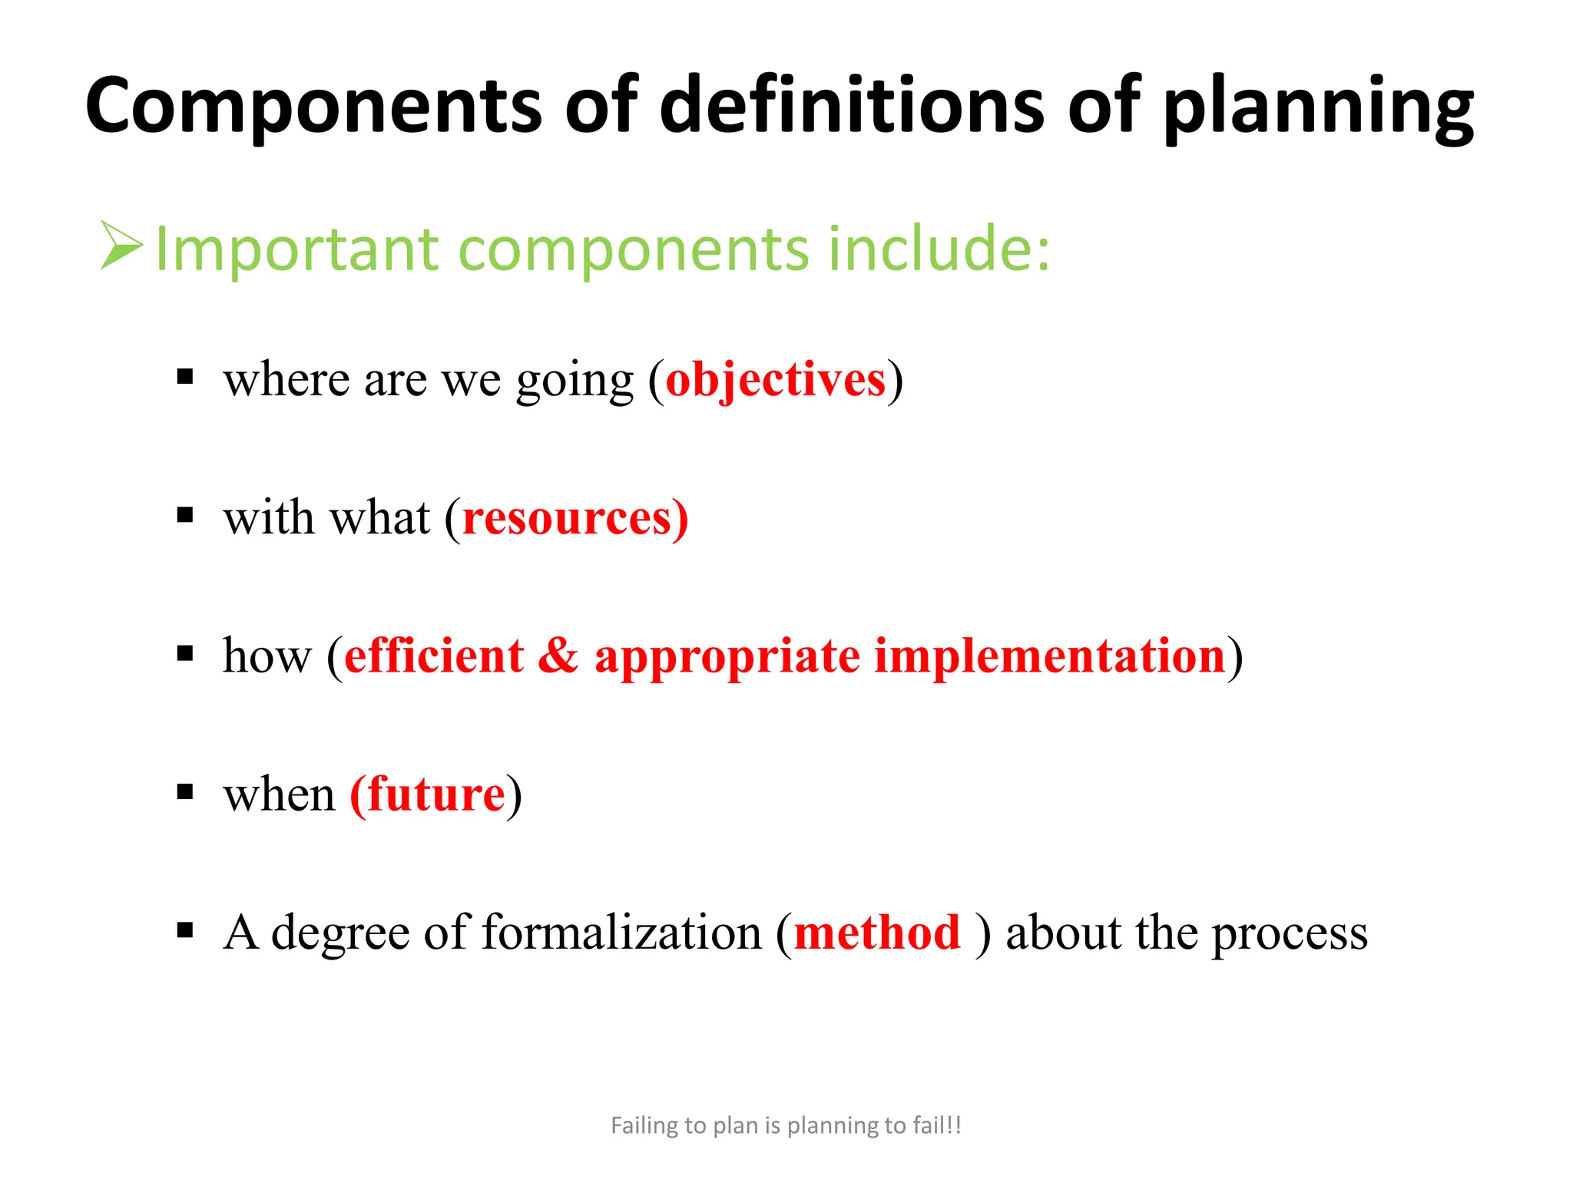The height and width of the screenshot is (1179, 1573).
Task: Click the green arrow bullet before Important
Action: coord(121,246)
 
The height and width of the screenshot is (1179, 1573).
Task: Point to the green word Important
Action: coord(296,249)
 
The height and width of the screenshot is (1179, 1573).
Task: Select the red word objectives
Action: coord(775,379)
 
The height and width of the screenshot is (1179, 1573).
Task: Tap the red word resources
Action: coord(568,517)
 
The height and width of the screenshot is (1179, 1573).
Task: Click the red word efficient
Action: coord(434,656)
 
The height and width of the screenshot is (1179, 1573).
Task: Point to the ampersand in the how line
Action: coord(558,656)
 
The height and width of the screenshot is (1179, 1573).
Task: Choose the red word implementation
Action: coord(1049,656)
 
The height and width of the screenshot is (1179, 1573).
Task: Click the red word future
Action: coord(436,794)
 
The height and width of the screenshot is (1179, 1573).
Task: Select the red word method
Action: coord(877,933)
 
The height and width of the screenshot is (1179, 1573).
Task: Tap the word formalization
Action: coord(621,933)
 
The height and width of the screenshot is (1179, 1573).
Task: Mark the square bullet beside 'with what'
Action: coord(185,515)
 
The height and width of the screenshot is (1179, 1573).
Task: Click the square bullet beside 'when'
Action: coord(185,791)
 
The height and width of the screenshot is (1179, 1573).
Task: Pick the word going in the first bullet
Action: coord(575,381)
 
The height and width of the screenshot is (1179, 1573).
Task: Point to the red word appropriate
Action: coord(727,657)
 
